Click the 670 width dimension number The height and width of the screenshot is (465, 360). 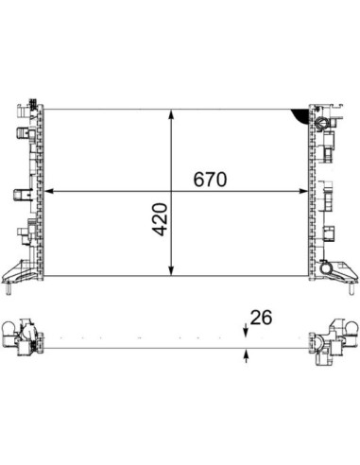tap(210, 180)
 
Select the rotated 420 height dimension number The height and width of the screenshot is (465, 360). tap(160, 219)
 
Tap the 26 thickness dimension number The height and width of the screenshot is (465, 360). tap(261, 318)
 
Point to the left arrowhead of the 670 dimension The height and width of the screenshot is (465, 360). tap(50, 191)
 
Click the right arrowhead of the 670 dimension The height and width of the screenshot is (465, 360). tap(302, 191)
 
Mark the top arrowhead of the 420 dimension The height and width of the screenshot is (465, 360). tap(171, 114)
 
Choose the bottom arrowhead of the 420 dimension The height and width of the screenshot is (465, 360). tap(171, 270)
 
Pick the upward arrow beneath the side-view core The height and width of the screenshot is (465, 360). tap(246, 356)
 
